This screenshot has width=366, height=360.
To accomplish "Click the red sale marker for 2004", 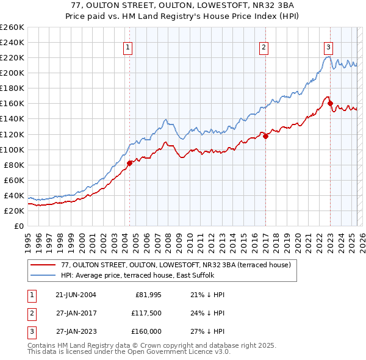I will pos(130,163).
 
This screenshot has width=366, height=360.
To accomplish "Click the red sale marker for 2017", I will pos(265,136).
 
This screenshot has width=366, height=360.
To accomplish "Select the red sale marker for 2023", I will pos(330,103).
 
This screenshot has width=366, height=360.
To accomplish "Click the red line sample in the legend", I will pos(43,265).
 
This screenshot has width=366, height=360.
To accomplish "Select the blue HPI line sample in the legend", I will pos(43,275).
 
